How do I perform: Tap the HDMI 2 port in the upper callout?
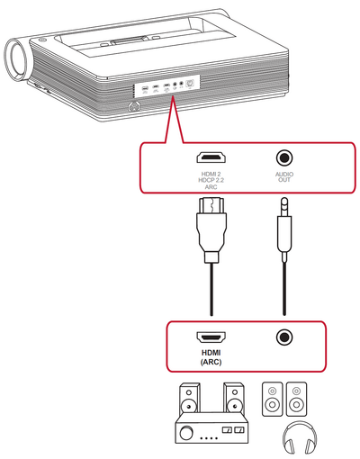(x=211, y=157)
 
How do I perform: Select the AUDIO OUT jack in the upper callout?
(x=284, y=157)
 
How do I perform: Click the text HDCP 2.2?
(x=211, y=180)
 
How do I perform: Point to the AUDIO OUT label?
(x=284, y=177)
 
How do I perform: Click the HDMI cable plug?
(x=211, y=229)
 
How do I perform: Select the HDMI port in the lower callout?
(x=211, y=337)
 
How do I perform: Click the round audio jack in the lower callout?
(x=284, y=337)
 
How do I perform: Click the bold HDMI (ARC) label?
(x=211, y=357)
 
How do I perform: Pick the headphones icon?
(x=300, y=437)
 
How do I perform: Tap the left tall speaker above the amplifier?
(x=190, y=398)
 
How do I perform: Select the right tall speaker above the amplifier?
(x=233, y=398)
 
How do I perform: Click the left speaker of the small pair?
(x=273, y=399)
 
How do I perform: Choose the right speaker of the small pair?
(x=296, y=399)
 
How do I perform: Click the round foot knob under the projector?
(x=135, y=106)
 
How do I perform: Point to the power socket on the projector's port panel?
(x=191, y=83)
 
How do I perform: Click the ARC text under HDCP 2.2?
(x=211, y=187)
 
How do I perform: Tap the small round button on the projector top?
(x=41, y=40)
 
